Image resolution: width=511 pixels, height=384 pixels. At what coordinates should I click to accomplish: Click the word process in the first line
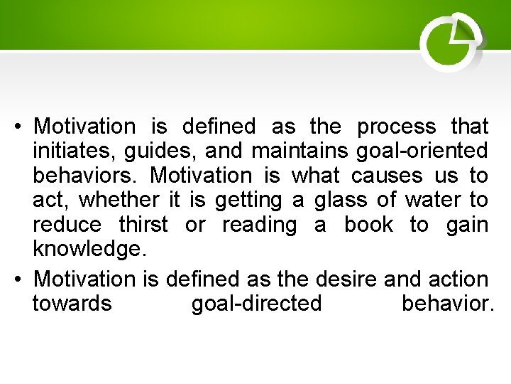(396, 127)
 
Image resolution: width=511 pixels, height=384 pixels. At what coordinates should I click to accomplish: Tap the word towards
(72, 304)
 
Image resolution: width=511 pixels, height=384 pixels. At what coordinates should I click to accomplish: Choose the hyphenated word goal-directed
(256, 304)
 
